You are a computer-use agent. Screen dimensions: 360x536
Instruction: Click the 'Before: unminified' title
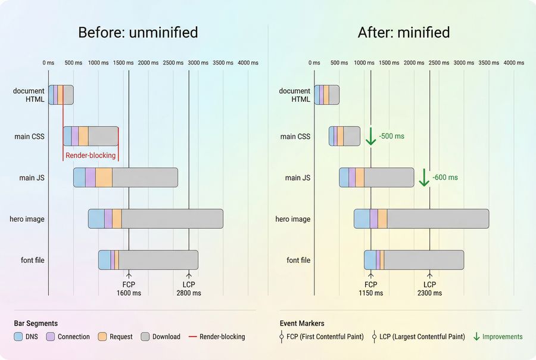click(x=138, y=32)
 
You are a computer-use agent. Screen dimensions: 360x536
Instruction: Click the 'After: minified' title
click(x=404, y=32)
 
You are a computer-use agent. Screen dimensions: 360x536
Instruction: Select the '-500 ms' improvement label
click(x=391, y=136)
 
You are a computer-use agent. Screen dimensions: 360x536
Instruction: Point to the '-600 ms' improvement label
click(x=445, y=178)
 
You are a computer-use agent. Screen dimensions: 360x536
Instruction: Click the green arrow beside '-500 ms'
click(x=370, y=136)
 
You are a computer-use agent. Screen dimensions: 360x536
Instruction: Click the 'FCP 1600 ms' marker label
click(x=129, y=288)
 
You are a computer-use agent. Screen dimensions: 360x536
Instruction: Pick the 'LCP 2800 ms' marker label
click(x=189, y=288)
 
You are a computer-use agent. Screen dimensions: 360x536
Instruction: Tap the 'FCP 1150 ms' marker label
click(x=370, y=288)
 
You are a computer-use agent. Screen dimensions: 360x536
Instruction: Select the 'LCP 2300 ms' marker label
click(x=429, y=288)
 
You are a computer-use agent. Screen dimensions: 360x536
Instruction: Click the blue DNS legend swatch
click(x=18, y=337)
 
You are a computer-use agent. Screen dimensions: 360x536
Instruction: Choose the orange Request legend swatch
click(x=102, y=337)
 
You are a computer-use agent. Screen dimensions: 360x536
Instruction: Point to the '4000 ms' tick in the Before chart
click(x=248, y=63)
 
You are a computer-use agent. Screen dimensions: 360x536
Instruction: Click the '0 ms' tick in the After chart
click(x=314, y=63)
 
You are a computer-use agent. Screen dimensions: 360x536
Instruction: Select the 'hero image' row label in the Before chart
click(x=27, y=219)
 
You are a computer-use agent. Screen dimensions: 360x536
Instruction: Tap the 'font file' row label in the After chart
click(x=298, y=260)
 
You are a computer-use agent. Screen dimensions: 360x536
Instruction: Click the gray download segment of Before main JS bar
click(x=145, y=178)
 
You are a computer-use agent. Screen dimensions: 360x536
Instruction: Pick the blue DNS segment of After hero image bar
click(x=362, y=219)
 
